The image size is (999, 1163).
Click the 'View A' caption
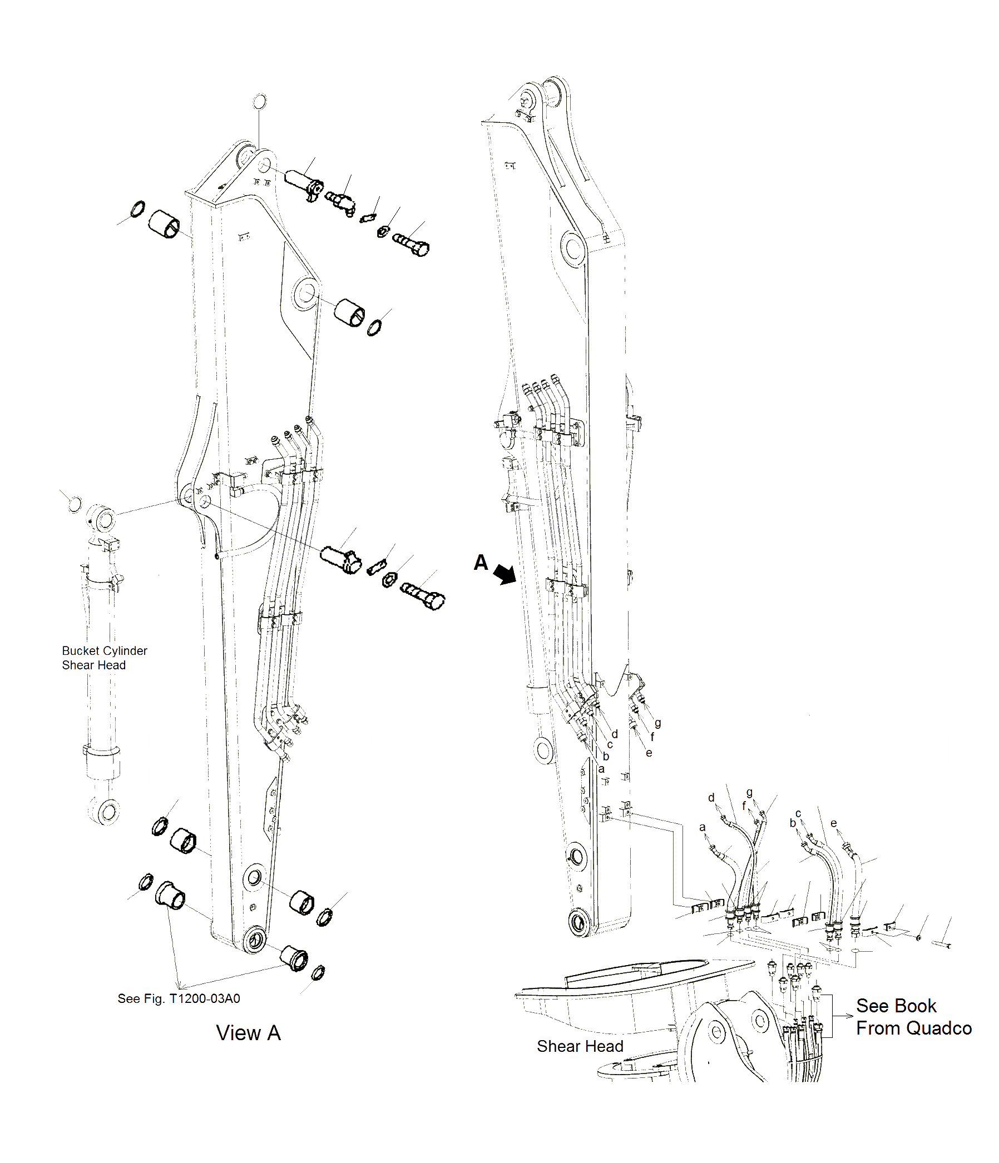pyautogui.click(x=248, y=1033)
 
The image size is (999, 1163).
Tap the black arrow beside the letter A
pyautogui.click(x=505, y=574)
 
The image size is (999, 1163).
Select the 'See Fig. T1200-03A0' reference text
pyautogui.click(x=179, y=998)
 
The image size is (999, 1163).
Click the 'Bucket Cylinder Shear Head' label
pyautogui.click(x=104, y=657)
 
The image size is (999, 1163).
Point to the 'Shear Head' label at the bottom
pyautogui.click(x=580, y=1046)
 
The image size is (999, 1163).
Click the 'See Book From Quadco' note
pyautogui.click(x=913, y=1016)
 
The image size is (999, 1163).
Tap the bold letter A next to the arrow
pyautogui.click(x=481, y=563)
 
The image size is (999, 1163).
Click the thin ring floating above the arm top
pyautogui.click(x=259, y=102)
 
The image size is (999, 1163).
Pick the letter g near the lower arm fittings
pyautogui.click(x=657, y=723)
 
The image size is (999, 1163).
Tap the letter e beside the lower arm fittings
pyautogui.click(x=649, y=753)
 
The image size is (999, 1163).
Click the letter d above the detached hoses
pyautogui.click(x=711, y=798)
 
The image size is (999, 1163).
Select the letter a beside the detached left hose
pyautogui.click(x=702, y=827)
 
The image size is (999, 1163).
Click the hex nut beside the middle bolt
pyautogui.click(x=389, y=579)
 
